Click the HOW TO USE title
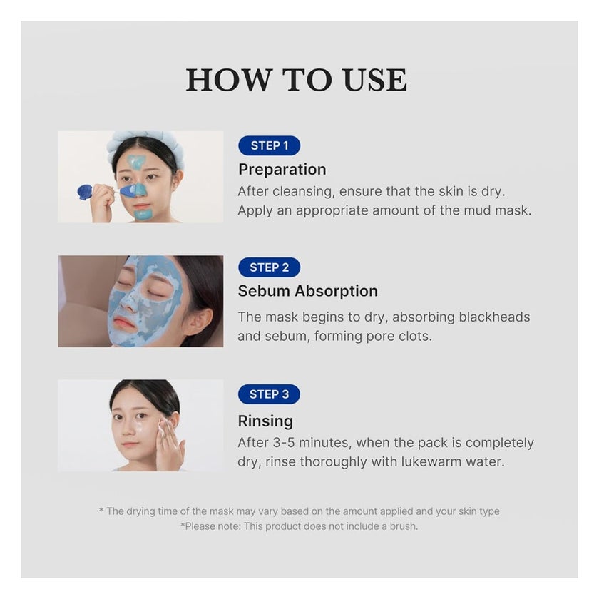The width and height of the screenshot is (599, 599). pos(296,80)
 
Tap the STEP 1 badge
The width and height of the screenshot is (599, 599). pos(269,145)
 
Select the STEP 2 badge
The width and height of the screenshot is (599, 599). pos(269,267)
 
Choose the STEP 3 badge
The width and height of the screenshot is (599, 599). pos(269,394)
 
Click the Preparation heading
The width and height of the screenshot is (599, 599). pos(282,170)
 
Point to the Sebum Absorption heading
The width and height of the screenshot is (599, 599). pos(307,291)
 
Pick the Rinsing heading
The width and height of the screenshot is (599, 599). pos(265,421)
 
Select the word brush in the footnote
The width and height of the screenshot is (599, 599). pos(401,526)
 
